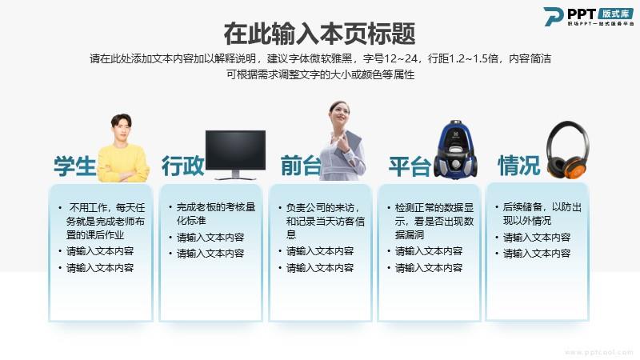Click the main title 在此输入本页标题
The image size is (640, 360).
point(319,34)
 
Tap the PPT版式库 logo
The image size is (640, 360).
point(588,17)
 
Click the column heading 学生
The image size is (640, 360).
point(74,166)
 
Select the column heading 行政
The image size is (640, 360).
point(182,166)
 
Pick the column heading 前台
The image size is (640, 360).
point(301,166)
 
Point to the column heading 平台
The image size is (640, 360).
point(410,166)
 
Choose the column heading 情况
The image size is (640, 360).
point(518,166)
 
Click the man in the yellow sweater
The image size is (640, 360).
point(122,149)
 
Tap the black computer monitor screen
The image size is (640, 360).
point(235,150)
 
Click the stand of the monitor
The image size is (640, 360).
point(235,175)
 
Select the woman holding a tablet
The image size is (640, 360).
point(342,142)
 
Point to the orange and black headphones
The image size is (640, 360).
point(568,150)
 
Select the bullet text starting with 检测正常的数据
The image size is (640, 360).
point(434,221)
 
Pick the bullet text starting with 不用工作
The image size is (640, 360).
point(106,221)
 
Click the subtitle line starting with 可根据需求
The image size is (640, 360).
point(321,74)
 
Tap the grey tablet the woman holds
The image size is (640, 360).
point(348,144)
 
